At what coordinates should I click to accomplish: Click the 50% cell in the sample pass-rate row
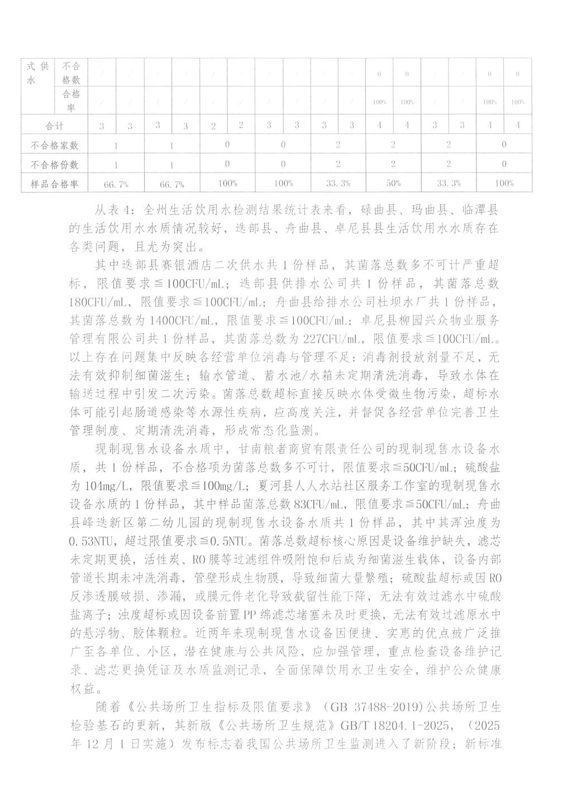click(394, 183)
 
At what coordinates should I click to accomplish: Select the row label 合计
click(54, 126)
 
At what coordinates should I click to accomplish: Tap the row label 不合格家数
click(54, 145)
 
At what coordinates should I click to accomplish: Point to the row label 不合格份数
click(54, 165)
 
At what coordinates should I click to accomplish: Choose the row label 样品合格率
click(54, 183)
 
